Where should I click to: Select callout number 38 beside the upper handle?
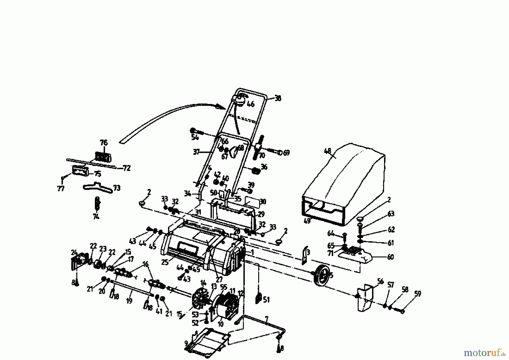278,99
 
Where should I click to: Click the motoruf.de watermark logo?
484,352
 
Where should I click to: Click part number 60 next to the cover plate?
390,257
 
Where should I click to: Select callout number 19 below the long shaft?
129,301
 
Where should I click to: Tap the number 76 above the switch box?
104,142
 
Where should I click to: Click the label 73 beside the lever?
117,188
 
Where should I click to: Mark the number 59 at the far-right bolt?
417,294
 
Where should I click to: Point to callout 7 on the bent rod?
266,319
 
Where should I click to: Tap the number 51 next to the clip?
266,299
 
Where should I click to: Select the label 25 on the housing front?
165,262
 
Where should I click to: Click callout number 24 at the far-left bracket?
74,252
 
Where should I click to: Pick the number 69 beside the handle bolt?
286,153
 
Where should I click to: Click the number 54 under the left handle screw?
195,138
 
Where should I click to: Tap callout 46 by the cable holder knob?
251,104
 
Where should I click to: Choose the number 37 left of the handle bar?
197,152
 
